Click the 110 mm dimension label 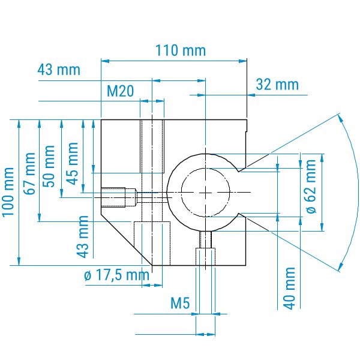(181, 50)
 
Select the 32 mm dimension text (277, 84)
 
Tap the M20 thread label (121, 91)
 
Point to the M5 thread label (180, 303)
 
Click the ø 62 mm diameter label (311, 187)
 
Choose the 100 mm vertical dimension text (8, 192)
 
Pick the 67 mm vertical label (30, 173)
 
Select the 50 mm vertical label (49, 166)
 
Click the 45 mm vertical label (73, 164)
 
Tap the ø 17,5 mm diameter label (116, 275)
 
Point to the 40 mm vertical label (289, 289)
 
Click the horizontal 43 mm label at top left (59, 70)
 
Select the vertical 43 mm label (82, 237)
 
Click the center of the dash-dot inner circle (205, 192)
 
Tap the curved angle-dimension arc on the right (352, 192)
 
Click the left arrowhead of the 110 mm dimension (105, 61)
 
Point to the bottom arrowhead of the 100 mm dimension (19, 261)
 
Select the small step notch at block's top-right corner (247, 125)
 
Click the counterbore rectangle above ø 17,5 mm (152, 244)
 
